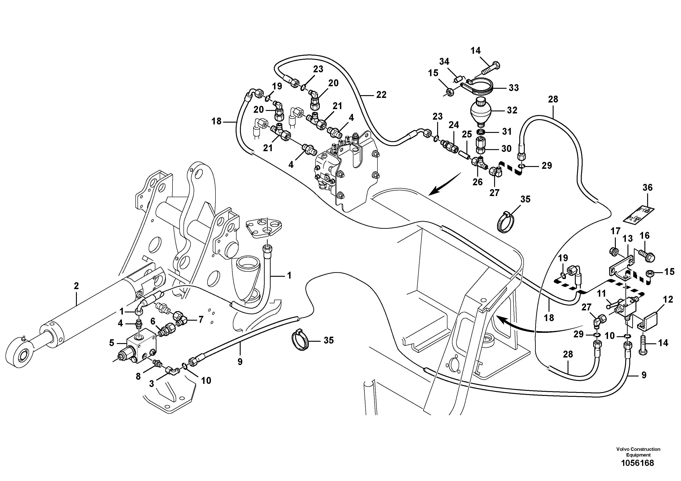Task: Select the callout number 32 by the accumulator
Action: [512, 110]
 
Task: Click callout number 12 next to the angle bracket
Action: [668, 300]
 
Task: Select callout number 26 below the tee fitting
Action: [478, 182]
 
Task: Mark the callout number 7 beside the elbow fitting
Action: [201, 319]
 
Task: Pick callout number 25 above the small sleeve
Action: [467, 134]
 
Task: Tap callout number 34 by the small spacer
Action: [444, 62]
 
